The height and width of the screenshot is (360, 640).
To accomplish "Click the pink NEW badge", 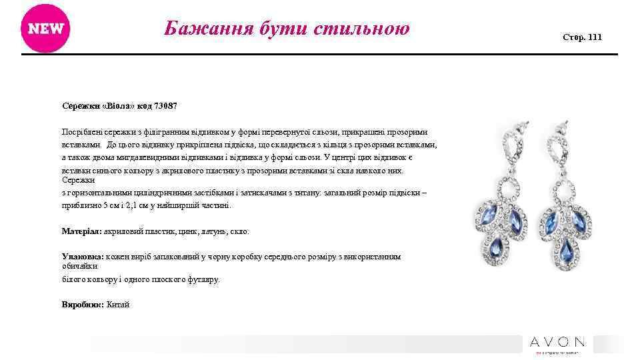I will (x=45, y=28).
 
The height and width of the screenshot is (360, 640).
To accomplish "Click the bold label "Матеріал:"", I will (x=81, y=231).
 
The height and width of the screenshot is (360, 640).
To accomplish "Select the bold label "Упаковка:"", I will (x=82, y=256).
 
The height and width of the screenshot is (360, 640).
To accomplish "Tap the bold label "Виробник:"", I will (x=81, y=304).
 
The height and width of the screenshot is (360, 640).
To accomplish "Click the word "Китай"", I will (x=118, y=304).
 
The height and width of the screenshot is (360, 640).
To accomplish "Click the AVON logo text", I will (x=557, y=342).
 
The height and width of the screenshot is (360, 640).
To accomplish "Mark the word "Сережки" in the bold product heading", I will (x=79, y=107).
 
